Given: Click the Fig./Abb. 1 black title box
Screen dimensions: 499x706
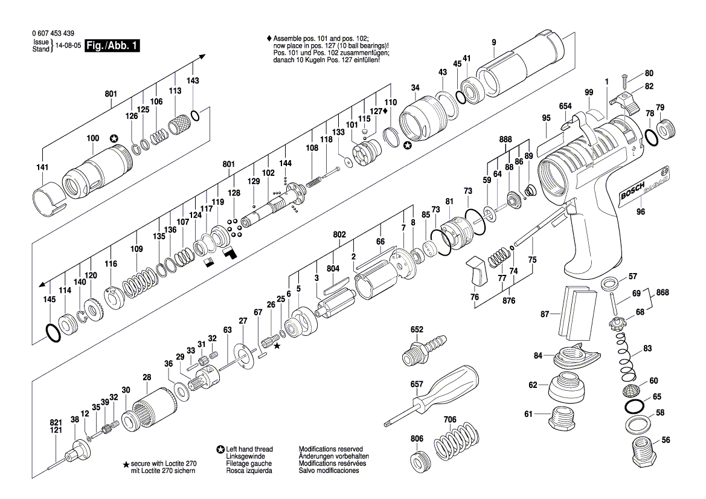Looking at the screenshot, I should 113,46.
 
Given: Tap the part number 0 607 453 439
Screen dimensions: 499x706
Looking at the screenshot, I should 52,33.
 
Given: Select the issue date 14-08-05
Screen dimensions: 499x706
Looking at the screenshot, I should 69,46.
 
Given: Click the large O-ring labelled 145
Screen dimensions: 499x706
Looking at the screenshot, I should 53,331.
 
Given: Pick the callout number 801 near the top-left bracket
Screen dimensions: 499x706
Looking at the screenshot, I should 111,94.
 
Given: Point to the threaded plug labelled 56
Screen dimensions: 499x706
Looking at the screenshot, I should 644,449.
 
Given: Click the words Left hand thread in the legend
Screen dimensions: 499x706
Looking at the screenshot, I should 249,449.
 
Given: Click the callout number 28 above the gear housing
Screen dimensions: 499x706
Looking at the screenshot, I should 147,378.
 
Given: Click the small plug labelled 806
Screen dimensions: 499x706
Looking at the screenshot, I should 418,462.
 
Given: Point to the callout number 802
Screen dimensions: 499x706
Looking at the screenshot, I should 339,234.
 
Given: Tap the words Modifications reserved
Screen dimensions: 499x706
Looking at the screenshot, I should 331,449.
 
